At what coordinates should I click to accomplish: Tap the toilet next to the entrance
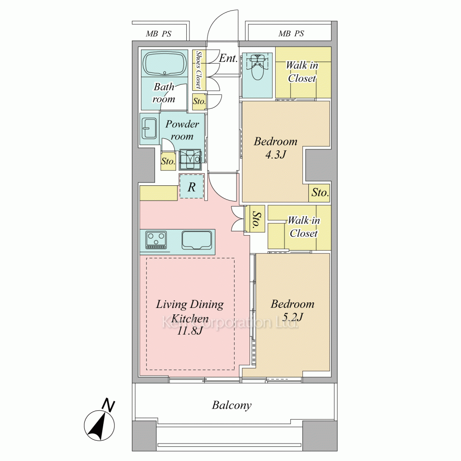[258, 66]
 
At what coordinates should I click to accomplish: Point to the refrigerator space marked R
[192, 186]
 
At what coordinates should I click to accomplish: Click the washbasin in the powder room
[149, 129]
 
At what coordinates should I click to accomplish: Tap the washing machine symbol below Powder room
[190, 160]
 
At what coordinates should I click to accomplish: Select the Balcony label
[232, 405]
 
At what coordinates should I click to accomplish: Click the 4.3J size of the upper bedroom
[276, 155]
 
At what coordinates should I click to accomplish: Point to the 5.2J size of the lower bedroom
[293, 317]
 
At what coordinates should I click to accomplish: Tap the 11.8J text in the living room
[189, 331]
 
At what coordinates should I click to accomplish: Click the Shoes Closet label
[199, 70]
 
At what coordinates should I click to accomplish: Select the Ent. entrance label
[228, 58]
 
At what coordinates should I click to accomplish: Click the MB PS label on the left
[159, 34]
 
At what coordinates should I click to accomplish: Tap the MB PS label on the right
[291, 34]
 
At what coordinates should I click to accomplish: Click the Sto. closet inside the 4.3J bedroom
[319, 193]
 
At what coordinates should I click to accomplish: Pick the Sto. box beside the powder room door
[168, 161]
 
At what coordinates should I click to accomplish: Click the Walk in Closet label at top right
[302, 71]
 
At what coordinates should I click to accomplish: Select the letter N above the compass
[108, 405]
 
